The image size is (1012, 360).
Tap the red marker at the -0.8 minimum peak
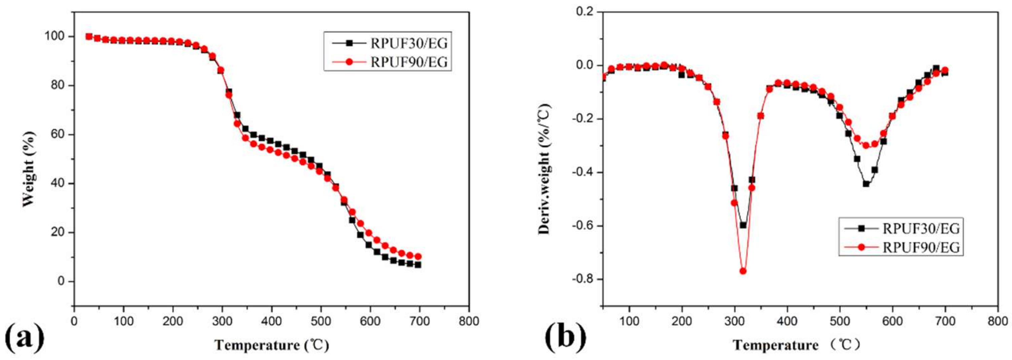pos(743,271)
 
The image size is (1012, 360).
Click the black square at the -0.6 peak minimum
pos(743,225)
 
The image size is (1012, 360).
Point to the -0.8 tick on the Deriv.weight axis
pos(583,280)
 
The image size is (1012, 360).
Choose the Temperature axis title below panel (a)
pos(271,346)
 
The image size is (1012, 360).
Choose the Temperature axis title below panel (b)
pos(797,346)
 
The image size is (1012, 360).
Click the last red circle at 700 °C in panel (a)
pos(418,256)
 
